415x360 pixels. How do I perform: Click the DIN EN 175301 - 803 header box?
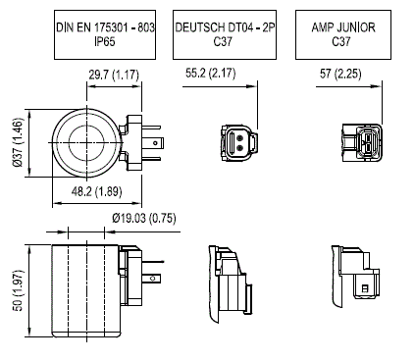point(105,34)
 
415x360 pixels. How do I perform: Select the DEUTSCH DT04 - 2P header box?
point(225,34)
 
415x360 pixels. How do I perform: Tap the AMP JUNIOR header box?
point(343,34)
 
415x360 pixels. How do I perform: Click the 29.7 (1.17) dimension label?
point(114,75)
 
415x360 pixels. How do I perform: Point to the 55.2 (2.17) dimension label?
point(210,73)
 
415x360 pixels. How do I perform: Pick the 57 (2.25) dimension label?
point(340,74)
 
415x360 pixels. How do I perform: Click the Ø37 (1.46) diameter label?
point(19,142)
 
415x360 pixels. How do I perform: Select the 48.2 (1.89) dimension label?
point(96,191)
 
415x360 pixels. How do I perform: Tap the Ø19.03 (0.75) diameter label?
point(144,218)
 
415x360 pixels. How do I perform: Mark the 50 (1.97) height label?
point(19,290)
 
